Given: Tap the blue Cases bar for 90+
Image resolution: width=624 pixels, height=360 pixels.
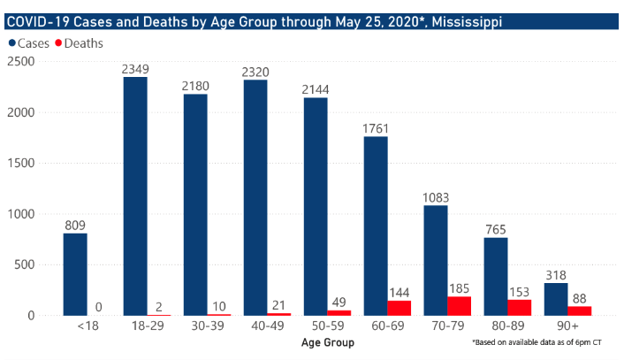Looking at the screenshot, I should (556, 299).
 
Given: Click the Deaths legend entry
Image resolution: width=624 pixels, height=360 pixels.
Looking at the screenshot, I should (78, 43).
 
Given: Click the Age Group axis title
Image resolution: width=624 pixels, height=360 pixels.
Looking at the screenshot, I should (327, 342).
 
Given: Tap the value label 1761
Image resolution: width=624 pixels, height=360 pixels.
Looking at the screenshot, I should (376, 128).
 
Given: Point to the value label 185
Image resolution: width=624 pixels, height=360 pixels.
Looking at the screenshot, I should (460, 287).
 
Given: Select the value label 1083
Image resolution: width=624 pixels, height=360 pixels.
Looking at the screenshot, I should (436, 197).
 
